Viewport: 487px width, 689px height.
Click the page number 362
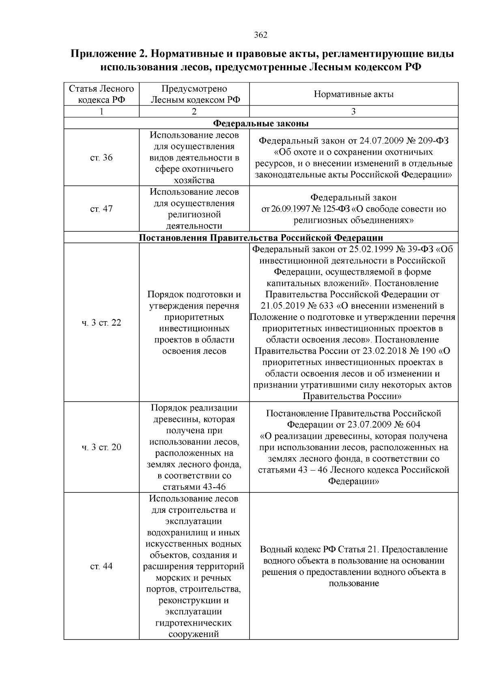[261, 35]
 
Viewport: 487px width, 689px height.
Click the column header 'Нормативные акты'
[353, 94]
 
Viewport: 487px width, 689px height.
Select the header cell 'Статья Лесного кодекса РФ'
[101, 94]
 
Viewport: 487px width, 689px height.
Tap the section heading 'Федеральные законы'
[261, 123]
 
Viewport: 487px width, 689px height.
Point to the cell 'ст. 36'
[101, 158]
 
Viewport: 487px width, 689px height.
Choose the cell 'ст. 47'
[101, 209]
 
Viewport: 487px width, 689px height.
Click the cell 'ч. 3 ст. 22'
[101, 323]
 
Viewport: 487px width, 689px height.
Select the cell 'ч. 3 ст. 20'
[101, 447]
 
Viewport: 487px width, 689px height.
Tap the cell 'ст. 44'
[101, 566]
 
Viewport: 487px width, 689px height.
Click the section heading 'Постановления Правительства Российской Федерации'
[261, 238]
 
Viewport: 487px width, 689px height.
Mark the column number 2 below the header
[194, 112]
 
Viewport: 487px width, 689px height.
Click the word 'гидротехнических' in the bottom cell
[194, 622]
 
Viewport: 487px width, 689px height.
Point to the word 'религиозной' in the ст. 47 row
[194, 214]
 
